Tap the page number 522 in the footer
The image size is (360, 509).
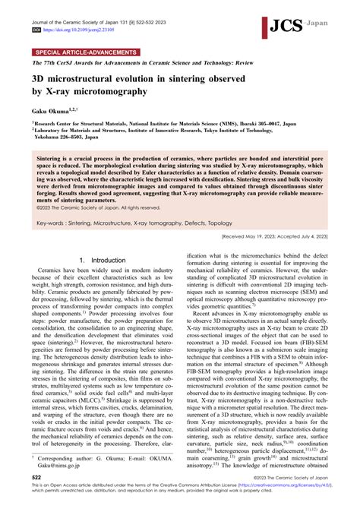(35, 495)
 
